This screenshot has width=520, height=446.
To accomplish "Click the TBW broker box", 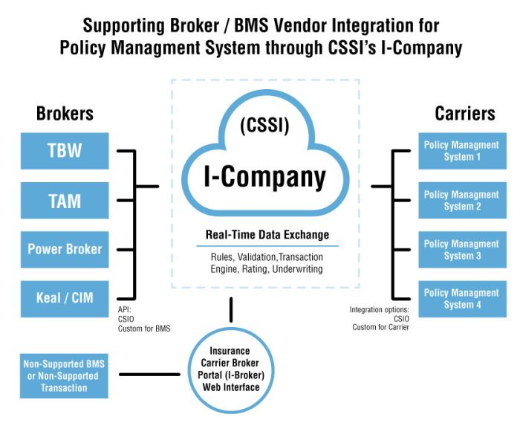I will [x=65, y=151].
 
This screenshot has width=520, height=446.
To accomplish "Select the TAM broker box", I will [x=65, y=200].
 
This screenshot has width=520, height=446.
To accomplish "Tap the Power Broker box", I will [x=65, y=249].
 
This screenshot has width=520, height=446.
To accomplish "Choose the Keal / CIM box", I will [x=65, y=298].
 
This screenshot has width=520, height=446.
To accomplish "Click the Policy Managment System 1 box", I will [x=461, y=151].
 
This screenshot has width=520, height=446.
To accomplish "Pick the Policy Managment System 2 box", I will [x=461, y=200].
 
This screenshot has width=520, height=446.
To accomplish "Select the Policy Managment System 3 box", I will [x=461, y=249].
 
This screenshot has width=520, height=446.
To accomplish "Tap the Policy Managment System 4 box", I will [x=461, y=298].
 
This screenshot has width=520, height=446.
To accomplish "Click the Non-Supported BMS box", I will [x=65, y=375].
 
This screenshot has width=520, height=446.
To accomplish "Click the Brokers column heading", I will [x=65, y=114].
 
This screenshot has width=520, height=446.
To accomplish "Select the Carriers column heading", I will [x=464, y=114].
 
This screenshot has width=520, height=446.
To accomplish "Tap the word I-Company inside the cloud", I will [x=265, y=176].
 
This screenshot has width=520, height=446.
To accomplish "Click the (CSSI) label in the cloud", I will [x=265, y=126].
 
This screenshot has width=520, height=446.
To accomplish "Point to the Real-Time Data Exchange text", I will [x=267, y=235].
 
